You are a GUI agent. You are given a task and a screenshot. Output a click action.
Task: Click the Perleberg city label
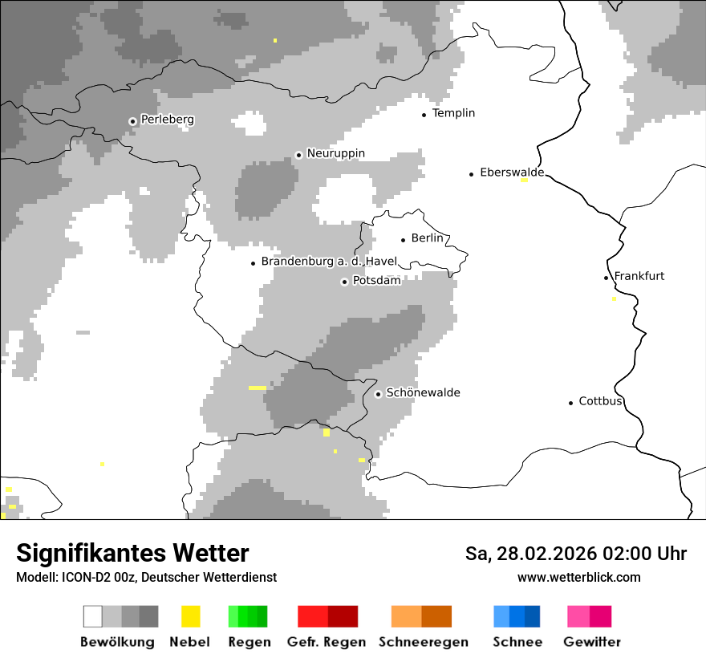pyautogui.click(x=167, y=120)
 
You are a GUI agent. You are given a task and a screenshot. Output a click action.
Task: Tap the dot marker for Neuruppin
pyautogui.click(x=298, y=154)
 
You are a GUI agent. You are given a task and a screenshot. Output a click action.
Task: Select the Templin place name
pyautogui.click(x=453, y=113)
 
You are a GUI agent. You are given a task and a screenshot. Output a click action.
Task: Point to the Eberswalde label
pyautogui.click(x=511, y=173)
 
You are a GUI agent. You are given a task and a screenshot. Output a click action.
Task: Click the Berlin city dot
pyautogui.click(x=404, y=239)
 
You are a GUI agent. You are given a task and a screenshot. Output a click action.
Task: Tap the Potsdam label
pyautogui.click(x=376, y=281)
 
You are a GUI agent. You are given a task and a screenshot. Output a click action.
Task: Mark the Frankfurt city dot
pyautogui.click(x=607, y=278)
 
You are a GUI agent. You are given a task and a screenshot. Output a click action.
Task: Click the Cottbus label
pyautogui.click(x=600, y=401)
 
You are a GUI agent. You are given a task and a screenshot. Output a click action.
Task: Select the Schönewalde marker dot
pyautogui.click(x=378, y=394)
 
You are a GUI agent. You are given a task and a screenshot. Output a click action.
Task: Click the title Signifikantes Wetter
pyautogui.click(x=132, y=554)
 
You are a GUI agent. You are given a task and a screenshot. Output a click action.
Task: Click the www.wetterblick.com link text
pyautogui.click(x=578, y=577)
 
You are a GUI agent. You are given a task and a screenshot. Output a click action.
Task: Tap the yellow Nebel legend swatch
pyautogui.click(x=190, y=616)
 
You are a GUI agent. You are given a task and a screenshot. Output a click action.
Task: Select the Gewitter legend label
pyautogui.click(x=591, y=642)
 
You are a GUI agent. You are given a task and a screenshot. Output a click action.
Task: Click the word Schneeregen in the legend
pyautogui.click(x=423, y=642)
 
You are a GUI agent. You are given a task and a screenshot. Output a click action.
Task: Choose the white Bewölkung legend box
pyautogui.click(x=92, y=616)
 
